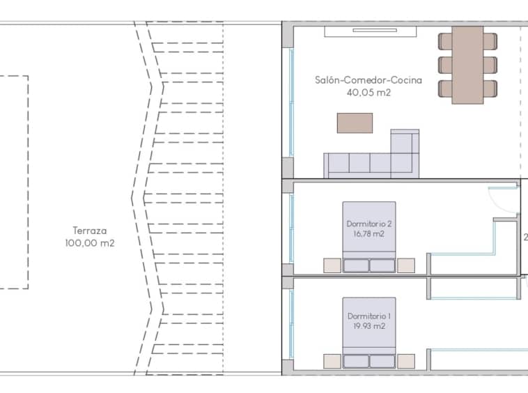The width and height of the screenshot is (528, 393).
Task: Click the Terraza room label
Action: (90, 231)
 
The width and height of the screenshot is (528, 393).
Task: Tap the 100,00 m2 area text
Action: (90, 242)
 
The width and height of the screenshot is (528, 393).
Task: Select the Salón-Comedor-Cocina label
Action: (368, 80)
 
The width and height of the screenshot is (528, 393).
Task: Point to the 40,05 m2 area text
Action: (368, 92)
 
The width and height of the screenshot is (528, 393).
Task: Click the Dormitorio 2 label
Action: (368, 224)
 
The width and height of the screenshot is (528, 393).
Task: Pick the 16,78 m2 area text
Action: (368, 233)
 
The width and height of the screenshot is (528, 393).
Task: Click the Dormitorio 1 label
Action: (368, 316)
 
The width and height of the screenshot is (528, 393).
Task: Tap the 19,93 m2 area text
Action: (368, 326)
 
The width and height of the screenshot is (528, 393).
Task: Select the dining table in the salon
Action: (467, 65)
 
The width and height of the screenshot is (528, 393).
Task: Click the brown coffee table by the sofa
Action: (355, 123)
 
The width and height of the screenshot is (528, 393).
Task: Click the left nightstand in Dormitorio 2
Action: (332, 265)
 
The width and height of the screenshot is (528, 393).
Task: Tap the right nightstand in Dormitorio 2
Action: (406, 265)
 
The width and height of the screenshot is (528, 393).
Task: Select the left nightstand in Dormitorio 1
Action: (332, 361)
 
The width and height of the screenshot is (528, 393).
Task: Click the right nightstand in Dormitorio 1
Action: (406, 361)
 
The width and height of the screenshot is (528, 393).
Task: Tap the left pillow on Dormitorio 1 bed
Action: (356, 362)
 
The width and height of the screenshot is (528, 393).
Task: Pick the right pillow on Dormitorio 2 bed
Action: (382, 265)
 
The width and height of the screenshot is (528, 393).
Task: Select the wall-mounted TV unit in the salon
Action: (371, 31)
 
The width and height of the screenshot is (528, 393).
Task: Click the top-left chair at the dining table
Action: (445, 41)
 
